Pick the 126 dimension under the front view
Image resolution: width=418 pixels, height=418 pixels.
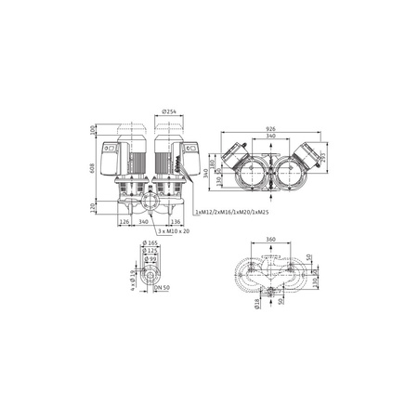(124, 222)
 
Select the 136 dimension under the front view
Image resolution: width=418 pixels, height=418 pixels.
(177, 222)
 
